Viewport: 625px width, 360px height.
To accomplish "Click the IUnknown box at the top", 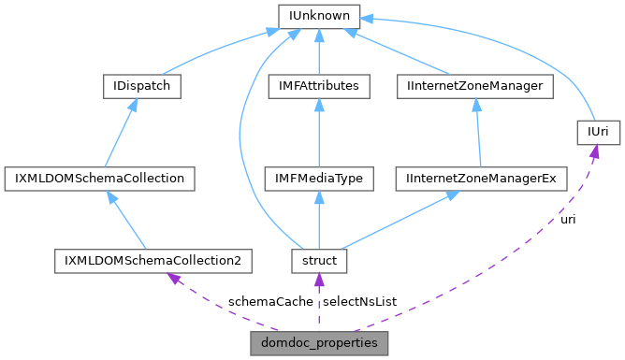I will (318, 16).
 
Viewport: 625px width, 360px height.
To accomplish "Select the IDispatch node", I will (140, 87).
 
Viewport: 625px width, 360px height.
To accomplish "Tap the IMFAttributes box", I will (318, 87).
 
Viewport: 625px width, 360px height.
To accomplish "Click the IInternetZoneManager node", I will (475, 87).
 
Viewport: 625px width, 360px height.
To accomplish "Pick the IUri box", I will (598, 133).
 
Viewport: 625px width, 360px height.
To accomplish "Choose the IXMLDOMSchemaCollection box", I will (99, 178).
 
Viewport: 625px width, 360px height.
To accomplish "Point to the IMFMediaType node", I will (318, 178).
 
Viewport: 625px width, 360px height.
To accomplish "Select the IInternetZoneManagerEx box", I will (481, 178).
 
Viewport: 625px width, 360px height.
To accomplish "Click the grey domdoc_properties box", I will (318, 343).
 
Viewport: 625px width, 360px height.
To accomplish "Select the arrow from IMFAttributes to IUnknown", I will (318, 51).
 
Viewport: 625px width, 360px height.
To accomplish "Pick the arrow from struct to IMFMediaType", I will (318, 220).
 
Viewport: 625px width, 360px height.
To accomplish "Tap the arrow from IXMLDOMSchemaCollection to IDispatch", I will (121, 133).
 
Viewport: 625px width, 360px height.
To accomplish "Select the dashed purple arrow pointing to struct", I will (318, 302).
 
